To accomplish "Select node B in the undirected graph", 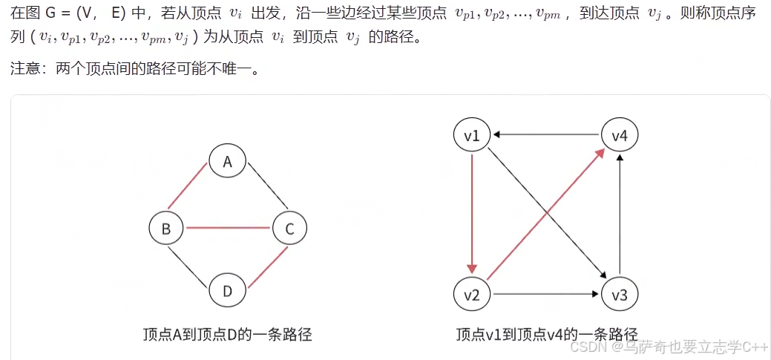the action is coord(166,229).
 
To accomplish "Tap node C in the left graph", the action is coord(289,229).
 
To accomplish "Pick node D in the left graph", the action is coord(228,291).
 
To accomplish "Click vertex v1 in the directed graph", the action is coord(472,135).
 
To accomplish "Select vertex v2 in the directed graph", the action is coord(472,295).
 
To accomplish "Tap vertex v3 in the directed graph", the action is coord(620,295).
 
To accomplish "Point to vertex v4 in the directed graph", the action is coord(620,135).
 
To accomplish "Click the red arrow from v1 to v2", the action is coord(472,215).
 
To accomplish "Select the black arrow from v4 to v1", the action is coord(545,135).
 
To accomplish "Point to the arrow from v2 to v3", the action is coord(545,295).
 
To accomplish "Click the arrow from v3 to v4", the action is coord(620,215).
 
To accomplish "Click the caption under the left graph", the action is coord(227,335).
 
